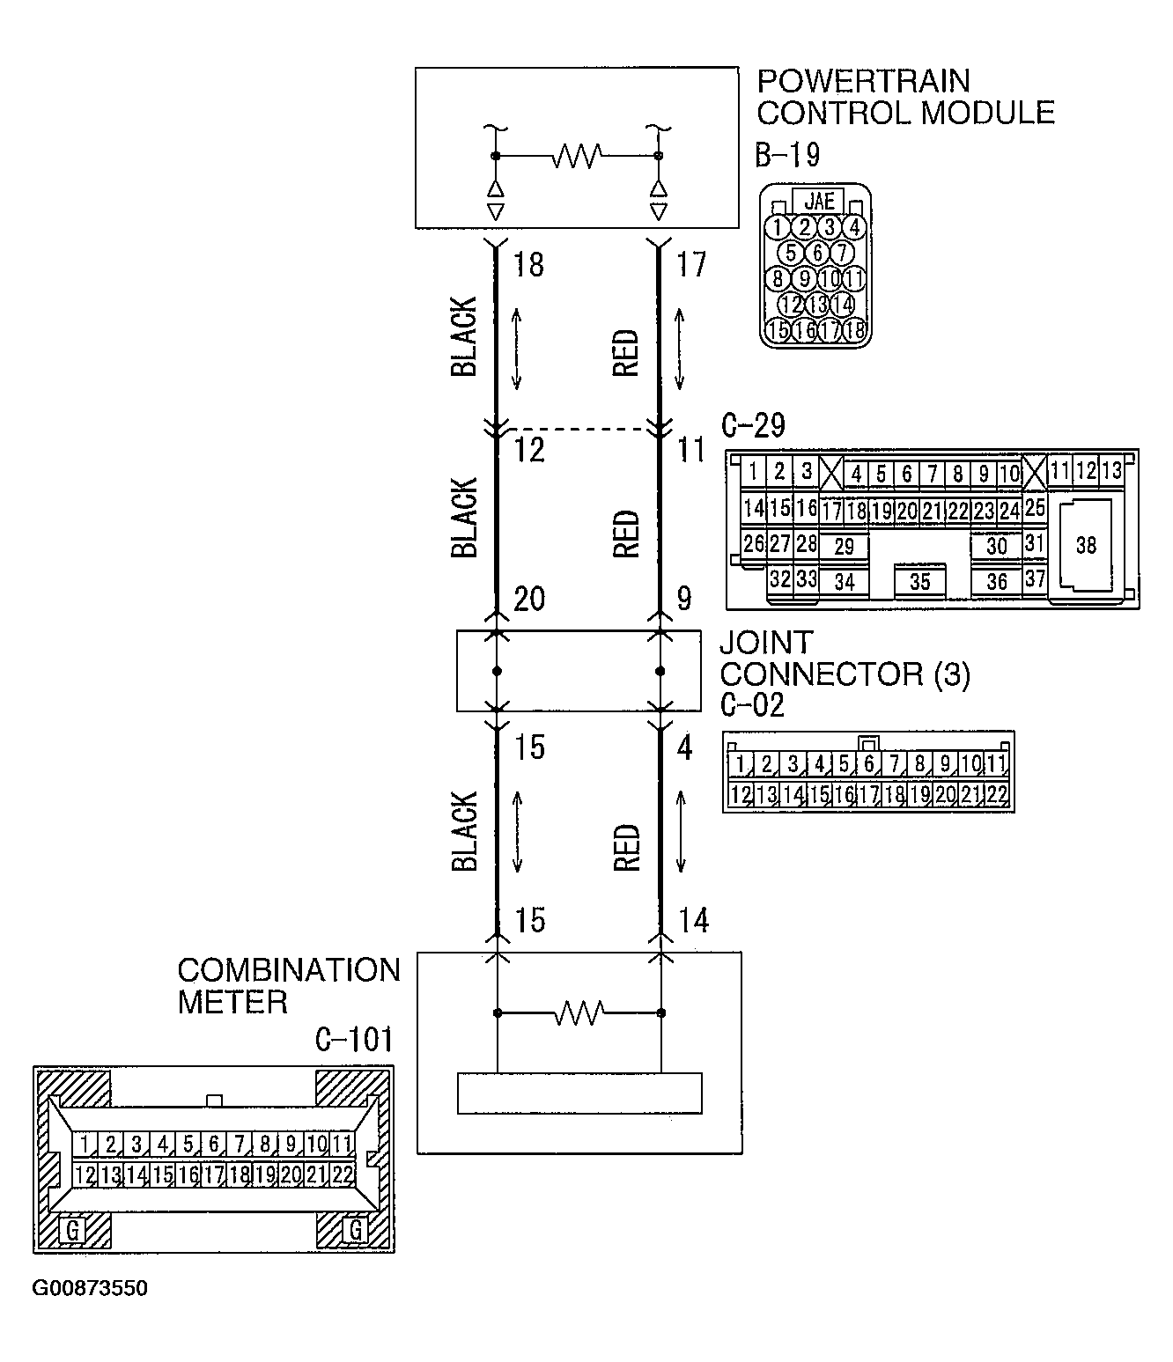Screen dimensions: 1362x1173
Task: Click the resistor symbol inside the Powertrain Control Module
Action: click(x=577, y=157)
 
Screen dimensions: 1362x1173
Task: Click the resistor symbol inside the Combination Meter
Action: click(x=579, y=1013)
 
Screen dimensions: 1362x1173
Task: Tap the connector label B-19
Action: click(x=787, y=156)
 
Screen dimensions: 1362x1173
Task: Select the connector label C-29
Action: click(x=753, y=426)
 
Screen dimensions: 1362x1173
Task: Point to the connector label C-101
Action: click(x=354, y=1040)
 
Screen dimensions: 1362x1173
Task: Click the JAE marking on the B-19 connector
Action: click(x=819, y=202)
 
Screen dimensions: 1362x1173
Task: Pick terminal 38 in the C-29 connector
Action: click(x=1086, y=546)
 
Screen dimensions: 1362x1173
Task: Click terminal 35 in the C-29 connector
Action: click(x=919, y=582)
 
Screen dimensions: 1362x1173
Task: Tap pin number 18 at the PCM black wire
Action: click(x=528, y=265)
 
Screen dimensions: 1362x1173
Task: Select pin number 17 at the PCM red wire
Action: click(x=691, y=265)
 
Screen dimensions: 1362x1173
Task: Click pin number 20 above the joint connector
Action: click(x=529, y=600)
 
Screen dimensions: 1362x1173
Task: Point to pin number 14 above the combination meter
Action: click(x=693, y=921)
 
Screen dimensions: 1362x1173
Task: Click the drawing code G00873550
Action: click(x=90, y=1289)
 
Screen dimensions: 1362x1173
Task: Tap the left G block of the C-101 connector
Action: click(x=73, y=1229)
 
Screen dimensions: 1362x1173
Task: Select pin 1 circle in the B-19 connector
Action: click(x=777, y=228)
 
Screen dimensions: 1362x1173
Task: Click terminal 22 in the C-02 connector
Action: click(x=996, y=795)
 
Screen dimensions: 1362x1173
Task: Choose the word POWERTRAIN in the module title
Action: click(x=863, y=82)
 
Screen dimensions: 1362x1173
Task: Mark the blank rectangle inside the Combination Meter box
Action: click(x=579, y=1093)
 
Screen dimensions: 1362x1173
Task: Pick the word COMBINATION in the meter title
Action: click(x=289, y=971)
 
